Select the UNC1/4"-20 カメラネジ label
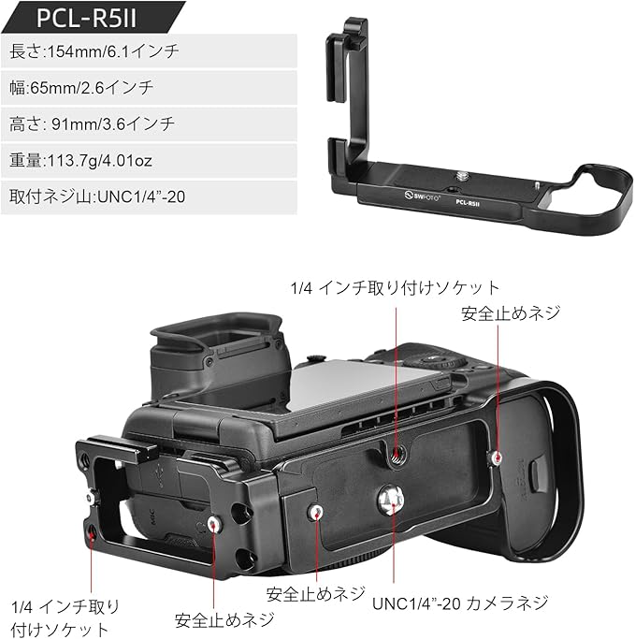tap(460, 603)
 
